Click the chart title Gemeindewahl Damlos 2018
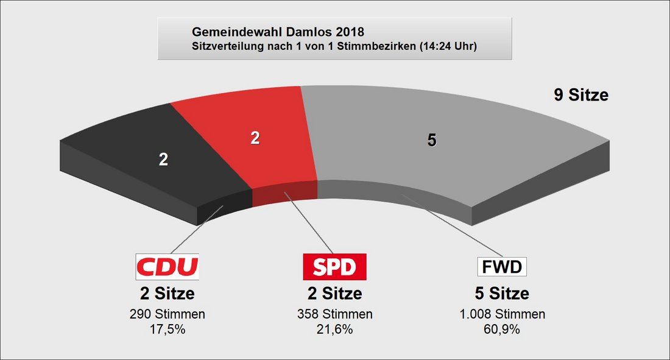tap(278, 32)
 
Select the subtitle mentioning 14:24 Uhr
tap(334, 46)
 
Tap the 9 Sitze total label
tap(581, 95)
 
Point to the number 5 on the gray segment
tap(432, 140)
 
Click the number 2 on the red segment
tap(255, 138)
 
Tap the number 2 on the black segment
tap(163, 160)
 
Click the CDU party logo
tap(167, 267)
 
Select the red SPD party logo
tap(334, 267)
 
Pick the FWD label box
tap(502, 267)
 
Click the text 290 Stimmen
tap(167, 314)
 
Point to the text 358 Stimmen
tap(335, 314)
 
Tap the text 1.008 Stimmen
tap(502, 314)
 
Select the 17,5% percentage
tap(167, 330)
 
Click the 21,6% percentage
tap(335, 330)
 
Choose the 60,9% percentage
tap(502, 330)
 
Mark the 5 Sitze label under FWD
tap(502, 294)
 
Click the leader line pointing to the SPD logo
tap(309, 223)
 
